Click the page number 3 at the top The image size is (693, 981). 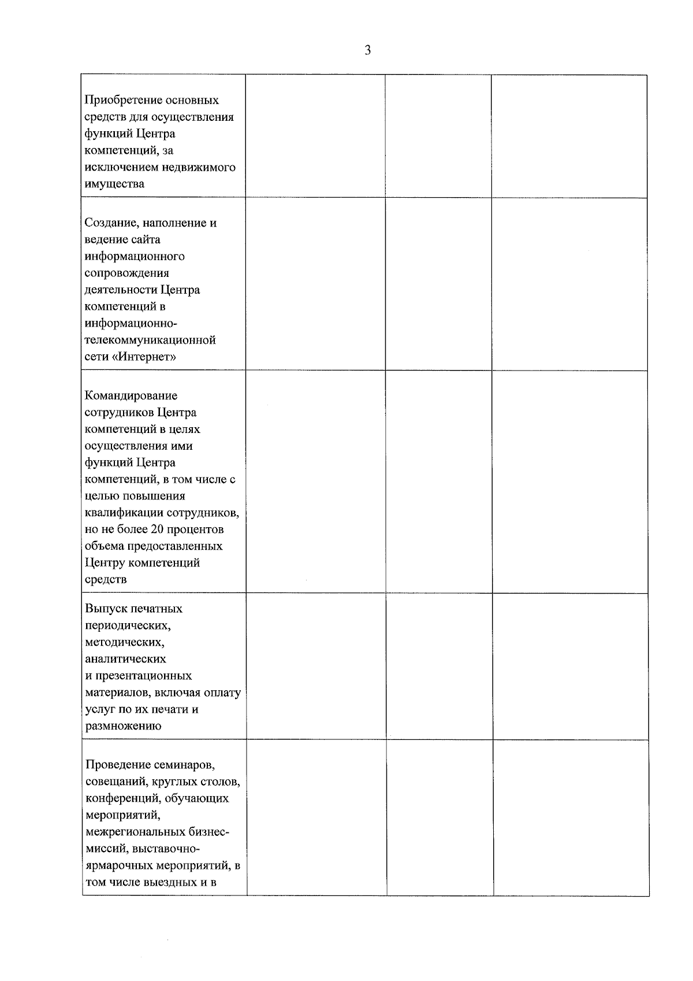367,50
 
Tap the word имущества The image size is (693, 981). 114,184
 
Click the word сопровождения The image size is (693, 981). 127,273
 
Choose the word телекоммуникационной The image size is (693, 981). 150,340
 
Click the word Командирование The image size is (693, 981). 131,396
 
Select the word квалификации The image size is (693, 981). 124,513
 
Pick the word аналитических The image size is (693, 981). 125,659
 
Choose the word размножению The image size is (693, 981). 123,726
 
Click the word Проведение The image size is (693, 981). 117,765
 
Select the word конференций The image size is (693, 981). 122,799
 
